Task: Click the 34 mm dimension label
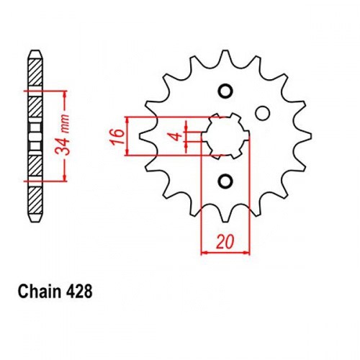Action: click(x=63, y=135)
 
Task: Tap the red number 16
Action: click(x=117, y=137)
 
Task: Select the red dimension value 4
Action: click(x=177, y=136)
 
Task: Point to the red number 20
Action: click(x=225, y=242)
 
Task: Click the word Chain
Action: click(x=40, y=292)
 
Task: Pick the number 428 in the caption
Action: click(x=78, y=292)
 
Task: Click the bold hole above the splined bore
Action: click(x=225, y=91)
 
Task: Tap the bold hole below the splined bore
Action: click(x=225, y=181)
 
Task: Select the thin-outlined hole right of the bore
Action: click(x=262, y=113)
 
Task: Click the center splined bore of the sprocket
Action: click(x=225, y=136)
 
